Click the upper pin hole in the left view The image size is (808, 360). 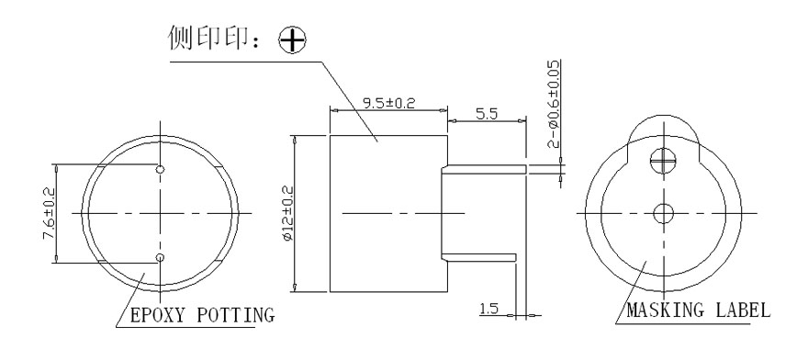click(161, 170)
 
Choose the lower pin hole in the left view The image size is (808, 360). click(161, 257)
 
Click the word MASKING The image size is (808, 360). click(664, 310)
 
